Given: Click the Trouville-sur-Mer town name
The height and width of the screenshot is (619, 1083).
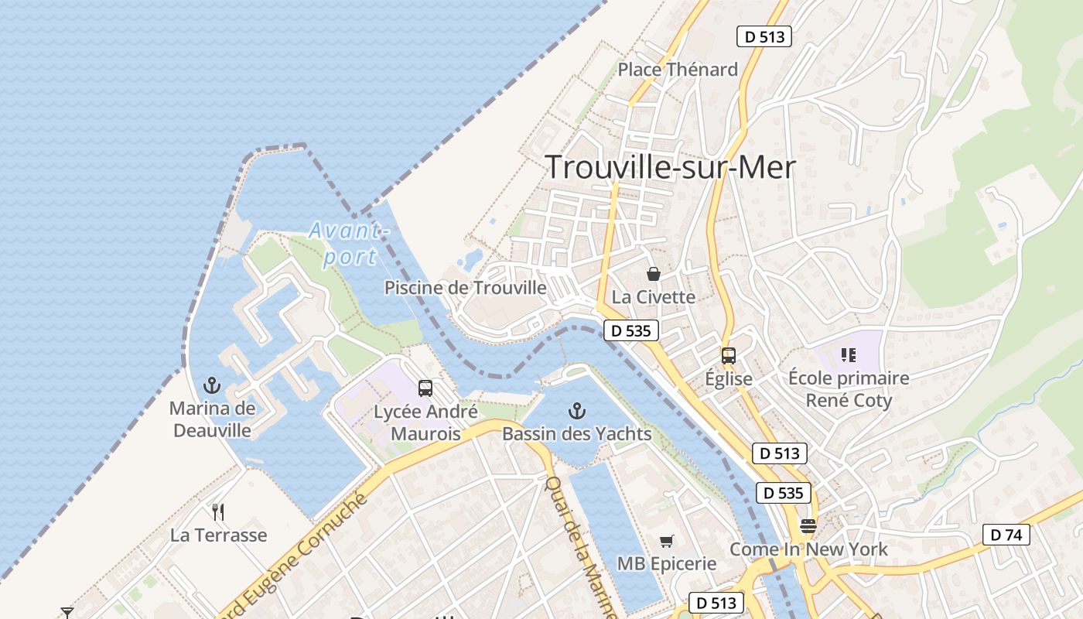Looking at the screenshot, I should [670, 167].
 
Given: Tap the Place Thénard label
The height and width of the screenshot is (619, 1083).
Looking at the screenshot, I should [678, 70].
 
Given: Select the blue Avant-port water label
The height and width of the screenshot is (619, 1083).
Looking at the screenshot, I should [348, 243].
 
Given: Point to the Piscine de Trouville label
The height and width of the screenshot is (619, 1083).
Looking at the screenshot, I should [466, 288].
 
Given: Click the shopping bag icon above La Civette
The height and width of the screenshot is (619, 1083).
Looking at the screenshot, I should [654, 274].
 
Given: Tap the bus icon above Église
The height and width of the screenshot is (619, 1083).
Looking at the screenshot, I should [728, 356].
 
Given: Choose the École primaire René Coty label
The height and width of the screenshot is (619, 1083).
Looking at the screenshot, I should [849, 389].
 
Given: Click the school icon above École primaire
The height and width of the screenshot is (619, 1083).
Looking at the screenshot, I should [849, 355].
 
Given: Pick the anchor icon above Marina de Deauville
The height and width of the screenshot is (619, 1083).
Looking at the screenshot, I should [211, 385].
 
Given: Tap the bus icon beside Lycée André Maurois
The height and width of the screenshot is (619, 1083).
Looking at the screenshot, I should [425, 388].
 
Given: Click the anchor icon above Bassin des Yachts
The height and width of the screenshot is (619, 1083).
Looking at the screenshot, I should [576, 410].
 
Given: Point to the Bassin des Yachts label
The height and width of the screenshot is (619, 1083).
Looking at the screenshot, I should [577, 434].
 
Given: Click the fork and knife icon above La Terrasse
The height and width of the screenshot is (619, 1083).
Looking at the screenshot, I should [218, 511].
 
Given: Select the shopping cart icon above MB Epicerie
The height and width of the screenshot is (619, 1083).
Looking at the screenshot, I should [666, 541].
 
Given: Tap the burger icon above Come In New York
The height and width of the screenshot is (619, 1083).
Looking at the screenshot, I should [808, 526].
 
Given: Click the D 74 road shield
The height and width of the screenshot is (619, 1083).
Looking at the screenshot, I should [1006, 534].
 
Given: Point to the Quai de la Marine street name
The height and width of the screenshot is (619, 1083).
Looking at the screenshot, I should [581, 546].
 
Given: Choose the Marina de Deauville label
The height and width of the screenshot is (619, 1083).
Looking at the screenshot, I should [212, 419].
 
